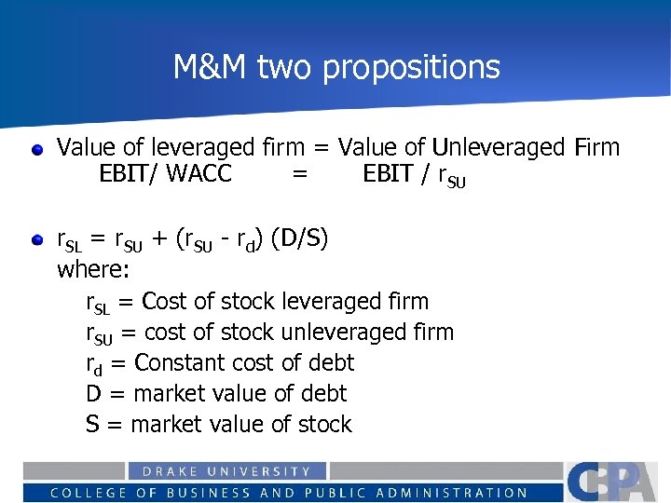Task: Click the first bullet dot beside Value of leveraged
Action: tap(36, 149)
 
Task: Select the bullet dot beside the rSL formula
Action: tap(36, 241)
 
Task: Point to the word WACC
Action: tap(199, 173)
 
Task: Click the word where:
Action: tap(94, 270)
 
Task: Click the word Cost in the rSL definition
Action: tap(165, 302)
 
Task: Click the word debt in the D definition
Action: tap(322, 393)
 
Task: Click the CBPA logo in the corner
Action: tap(615, 482)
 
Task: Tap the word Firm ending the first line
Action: tap(596, 147)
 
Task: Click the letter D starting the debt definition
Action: tap(93, 394)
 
